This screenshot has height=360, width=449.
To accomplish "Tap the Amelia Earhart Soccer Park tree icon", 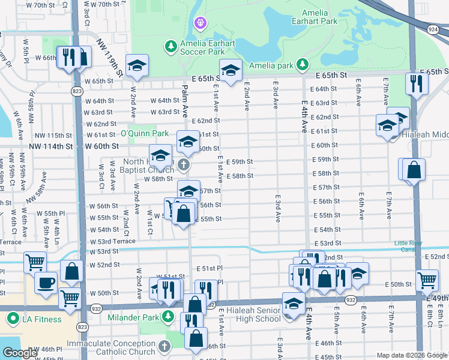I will tap(171, 46).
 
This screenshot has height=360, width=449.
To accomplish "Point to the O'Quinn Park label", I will tap(144, 133).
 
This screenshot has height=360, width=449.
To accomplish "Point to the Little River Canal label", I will tap(412, 246).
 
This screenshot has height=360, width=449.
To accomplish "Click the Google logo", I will tap(20, 353).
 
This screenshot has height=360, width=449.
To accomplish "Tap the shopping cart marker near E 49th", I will tap(427, 279).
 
